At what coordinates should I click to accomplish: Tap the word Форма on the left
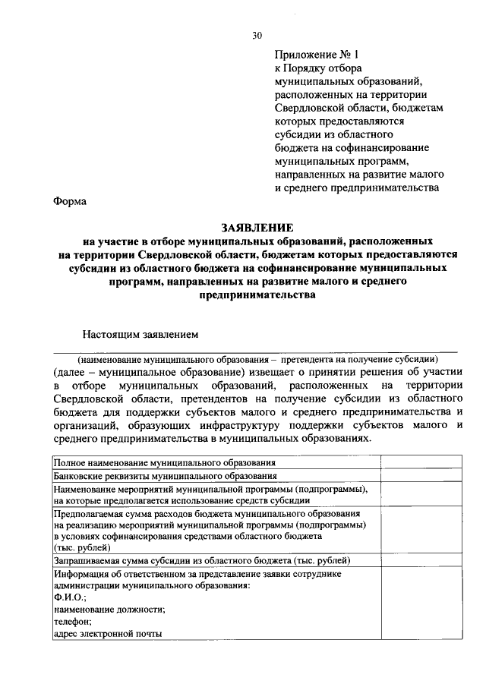coord(70,202)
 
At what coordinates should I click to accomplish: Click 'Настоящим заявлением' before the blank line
coord(140,333)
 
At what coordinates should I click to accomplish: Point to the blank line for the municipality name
coord(255,351)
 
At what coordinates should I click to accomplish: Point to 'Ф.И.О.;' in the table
coord(71,598)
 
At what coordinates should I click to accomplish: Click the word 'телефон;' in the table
coord(73,621)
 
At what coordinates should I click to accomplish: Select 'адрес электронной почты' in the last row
coord(108,633)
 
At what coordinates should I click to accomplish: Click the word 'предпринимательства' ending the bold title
coord(256,296)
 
